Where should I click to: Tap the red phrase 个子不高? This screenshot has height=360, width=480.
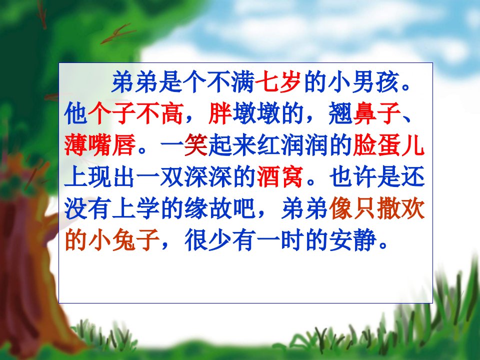tap(135, 113)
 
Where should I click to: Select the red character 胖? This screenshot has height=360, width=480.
tap(220, 113)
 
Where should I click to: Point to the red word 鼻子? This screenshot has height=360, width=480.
tap(376, 113)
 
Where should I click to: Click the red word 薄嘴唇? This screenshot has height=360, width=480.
tap(100, 145)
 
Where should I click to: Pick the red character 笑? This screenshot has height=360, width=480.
tap(196, 145)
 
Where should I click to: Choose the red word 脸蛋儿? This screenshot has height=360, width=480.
tap(388, 145)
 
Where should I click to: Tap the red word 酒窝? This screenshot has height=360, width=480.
tap(280, 176)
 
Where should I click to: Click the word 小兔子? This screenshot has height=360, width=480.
tap(124, 239)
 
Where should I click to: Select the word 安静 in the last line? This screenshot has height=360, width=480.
tap(352, 239)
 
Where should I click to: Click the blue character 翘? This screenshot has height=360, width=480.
tap(340, 113)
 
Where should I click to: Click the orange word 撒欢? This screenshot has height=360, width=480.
tap(400, 208)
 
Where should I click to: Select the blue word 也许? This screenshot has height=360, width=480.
tap(352, 176)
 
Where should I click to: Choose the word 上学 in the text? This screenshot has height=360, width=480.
tap(135, 208)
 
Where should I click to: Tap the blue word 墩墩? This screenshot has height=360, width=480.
tap(256, 113)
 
